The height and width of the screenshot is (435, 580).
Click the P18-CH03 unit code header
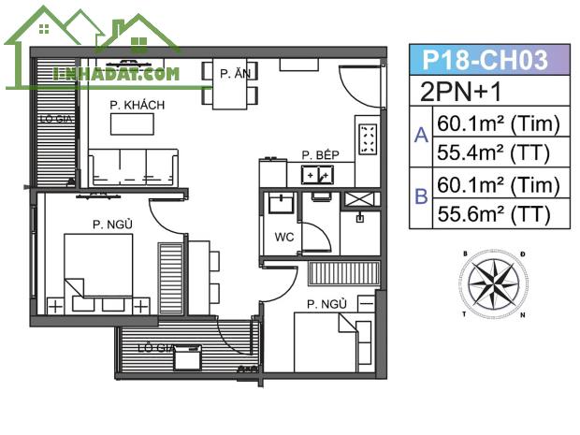point(485,60)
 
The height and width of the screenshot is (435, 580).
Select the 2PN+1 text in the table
point(461,92)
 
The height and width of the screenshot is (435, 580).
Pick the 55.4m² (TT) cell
point(493,152)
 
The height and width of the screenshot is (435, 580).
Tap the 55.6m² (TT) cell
point(493,213)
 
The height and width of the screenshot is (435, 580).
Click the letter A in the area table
point(421,135)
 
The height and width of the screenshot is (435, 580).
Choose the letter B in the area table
point(421,196)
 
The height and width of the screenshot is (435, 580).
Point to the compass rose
point(493,284)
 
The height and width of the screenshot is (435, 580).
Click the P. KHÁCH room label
point(138,105)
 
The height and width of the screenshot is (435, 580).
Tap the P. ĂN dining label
point(235,74)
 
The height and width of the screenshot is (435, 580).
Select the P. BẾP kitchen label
point(320,154)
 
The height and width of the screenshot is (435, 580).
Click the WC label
point(284,237)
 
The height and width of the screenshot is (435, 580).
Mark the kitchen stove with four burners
point(368,138)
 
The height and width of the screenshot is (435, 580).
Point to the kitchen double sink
point(317,175)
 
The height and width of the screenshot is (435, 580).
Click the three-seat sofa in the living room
point(133,167)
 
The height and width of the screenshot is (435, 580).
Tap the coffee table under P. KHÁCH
point(132,123)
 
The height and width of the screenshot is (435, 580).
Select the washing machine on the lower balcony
point(187,357)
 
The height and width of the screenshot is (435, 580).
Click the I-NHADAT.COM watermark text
point(116,74)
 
